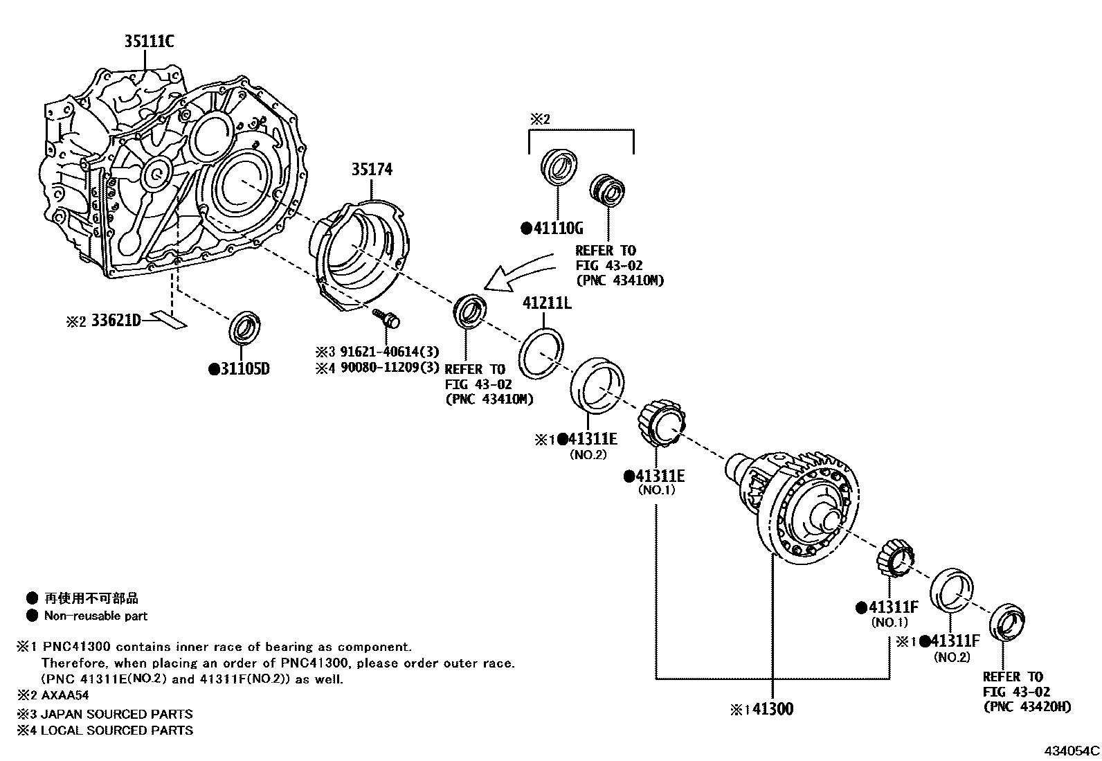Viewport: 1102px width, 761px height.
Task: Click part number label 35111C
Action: coord(149,42)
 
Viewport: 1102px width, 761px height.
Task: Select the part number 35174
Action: coord(372,169)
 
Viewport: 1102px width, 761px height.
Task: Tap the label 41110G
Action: coord(559,228)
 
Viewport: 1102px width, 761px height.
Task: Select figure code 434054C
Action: coord(1072,751)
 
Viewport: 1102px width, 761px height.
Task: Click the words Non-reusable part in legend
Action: coord(96,616)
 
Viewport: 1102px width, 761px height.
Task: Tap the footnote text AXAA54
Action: coord(66,695)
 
